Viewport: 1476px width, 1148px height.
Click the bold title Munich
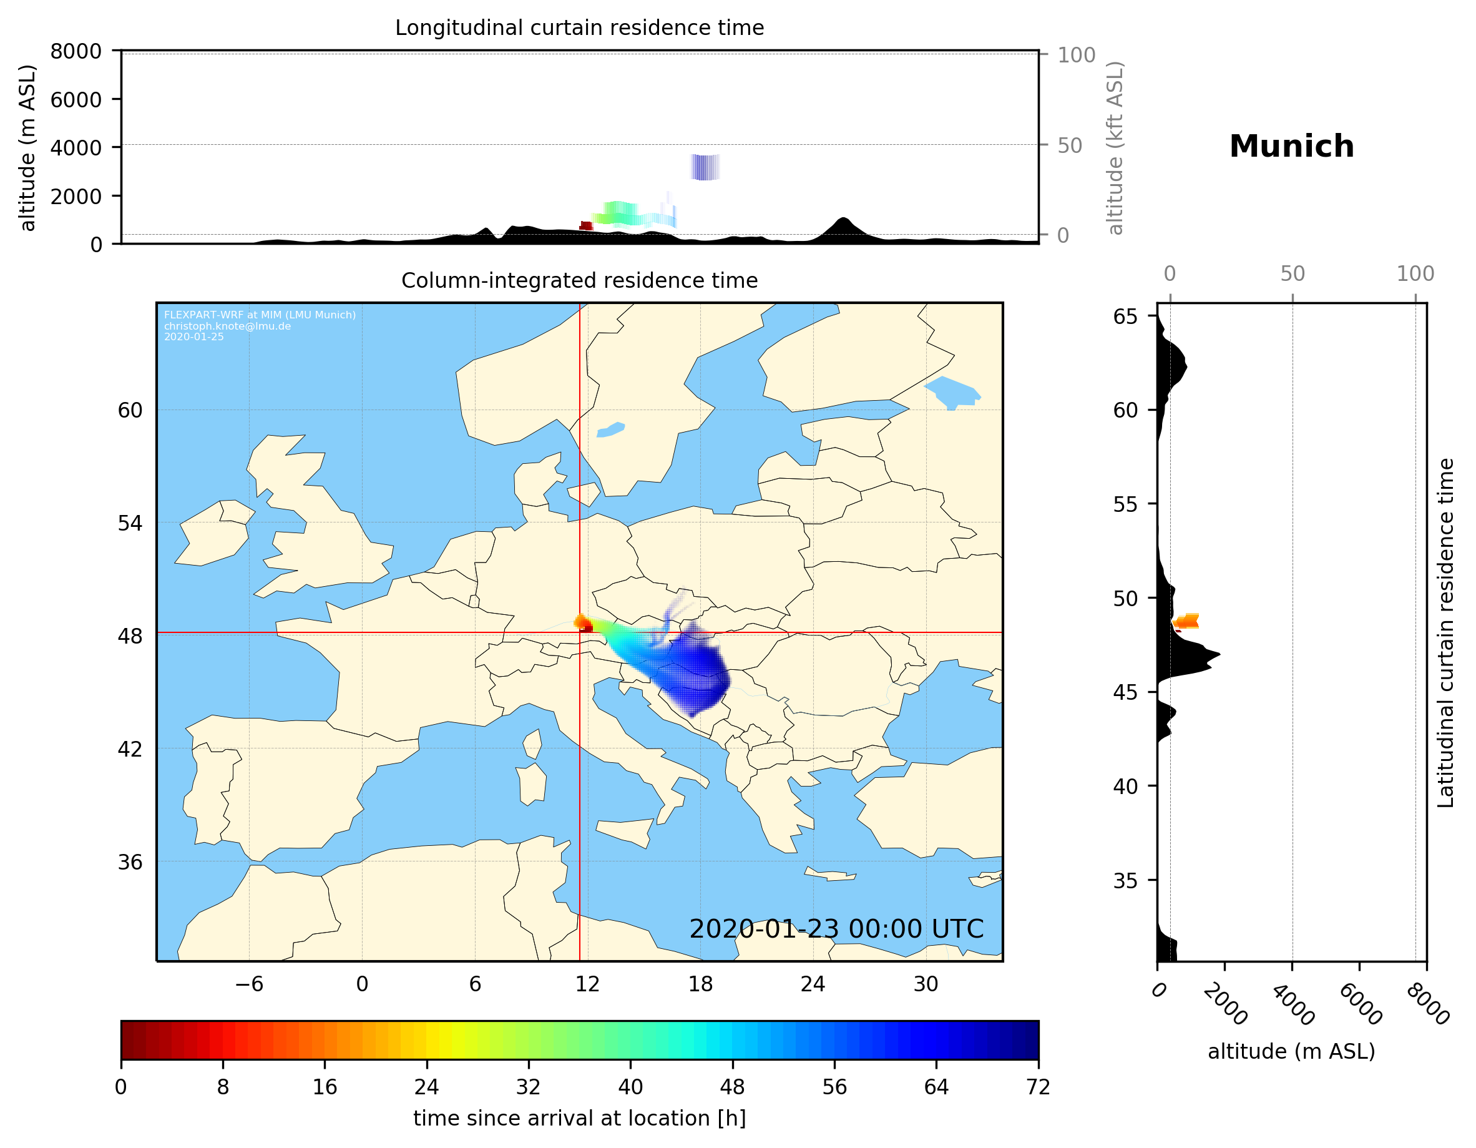(x=1291, y=147)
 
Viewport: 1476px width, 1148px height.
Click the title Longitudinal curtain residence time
(x=579, y=27)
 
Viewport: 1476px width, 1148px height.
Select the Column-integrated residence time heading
(x=579, y=280)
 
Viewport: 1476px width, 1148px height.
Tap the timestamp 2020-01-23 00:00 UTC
(x=836, y=930)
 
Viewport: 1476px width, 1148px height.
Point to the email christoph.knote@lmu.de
(x=227, y=326)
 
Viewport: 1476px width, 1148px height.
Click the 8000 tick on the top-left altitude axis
(x=76, y=51)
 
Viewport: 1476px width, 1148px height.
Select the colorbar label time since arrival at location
(x=579, y=1119)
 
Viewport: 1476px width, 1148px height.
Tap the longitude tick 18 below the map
(x=700, y=984)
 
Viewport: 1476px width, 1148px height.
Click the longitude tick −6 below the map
(x=248, y=984)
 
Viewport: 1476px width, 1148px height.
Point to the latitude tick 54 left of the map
(x=130, y=523)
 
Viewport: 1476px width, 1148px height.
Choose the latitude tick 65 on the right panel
(x=1125, y=316)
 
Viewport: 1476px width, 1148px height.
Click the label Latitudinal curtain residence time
(x=1445, y=632)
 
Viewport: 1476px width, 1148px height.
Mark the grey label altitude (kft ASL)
(x=1115, y=148)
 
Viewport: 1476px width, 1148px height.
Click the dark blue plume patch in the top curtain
(x=705, y=167)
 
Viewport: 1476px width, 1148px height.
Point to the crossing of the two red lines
(x=580, y=633)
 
